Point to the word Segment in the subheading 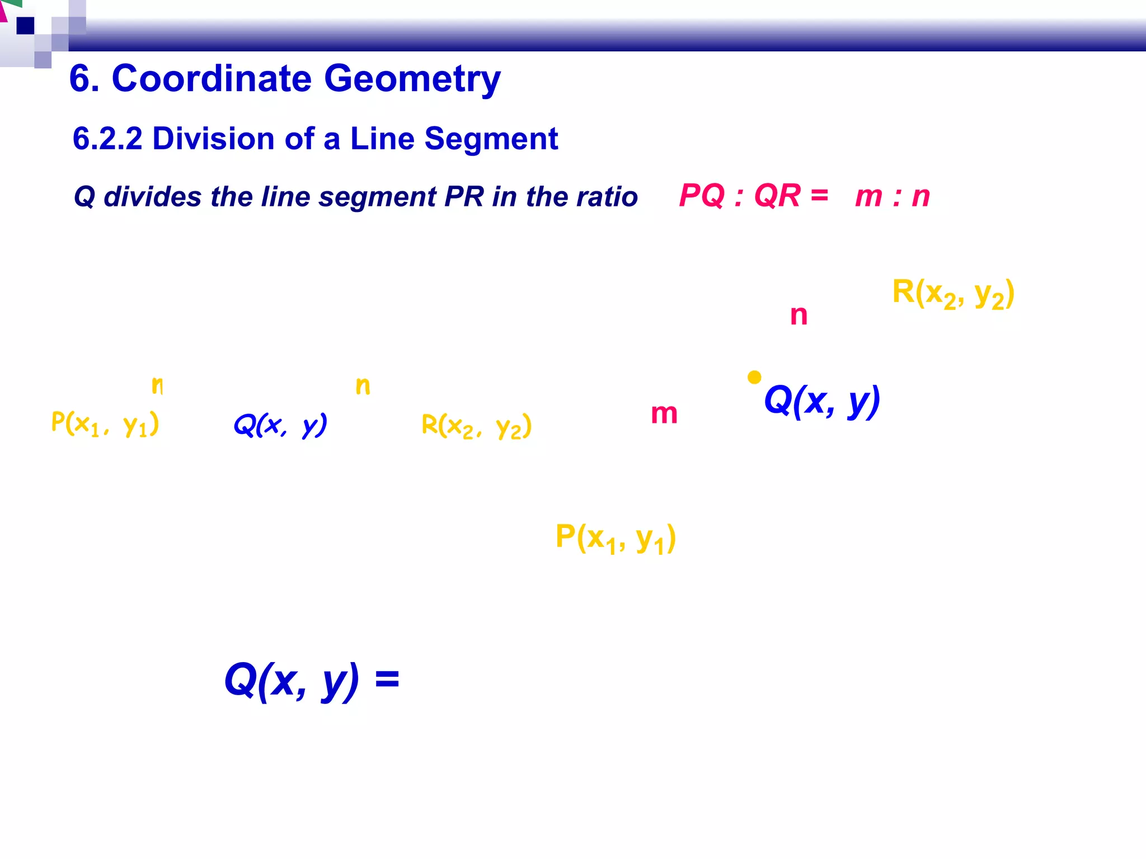tap(491, 139)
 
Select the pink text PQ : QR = tap(753, 196)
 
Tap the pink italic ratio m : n tap(892, 196)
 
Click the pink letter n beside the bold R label tap(799, 315)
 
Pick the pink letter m tap(664, 414)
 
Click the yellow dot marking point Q tap(754, 377)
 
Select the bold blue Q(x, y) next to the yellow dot tap(821, 401)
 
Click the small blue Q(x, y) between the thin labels tap(280, 425)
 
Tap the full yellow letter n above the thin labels tap(363, 386)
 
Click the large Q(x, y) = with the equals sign tap(311, 680)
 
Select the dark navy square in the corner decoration tap(25, 26)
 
